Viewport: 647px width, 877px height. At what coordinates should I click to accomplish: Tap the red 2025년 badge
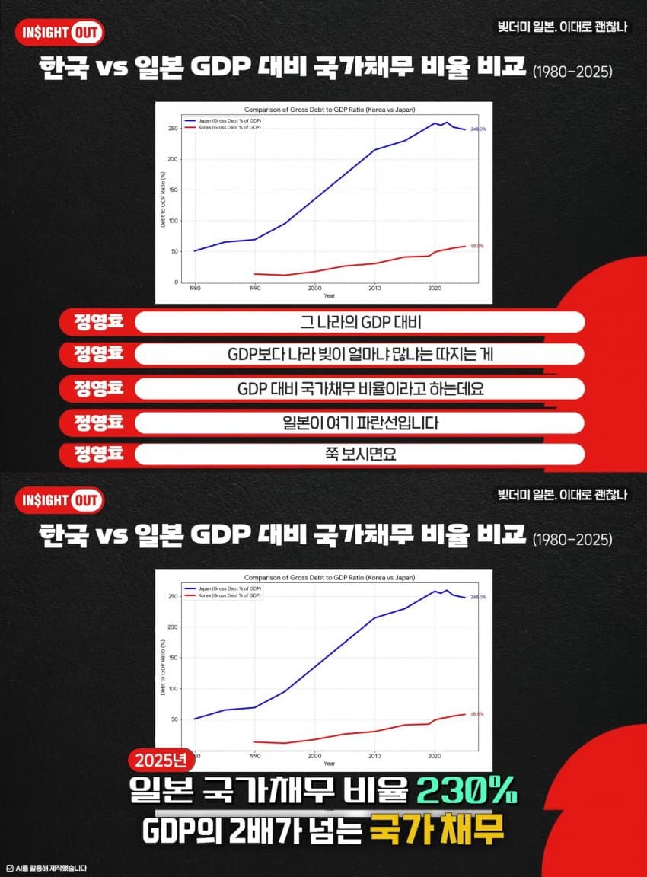161,760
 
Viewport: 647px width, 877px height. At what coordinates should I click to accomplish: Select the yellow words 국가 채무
437,831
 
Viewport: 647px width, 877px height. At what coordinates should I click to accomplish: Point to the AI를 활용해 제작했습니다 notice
46,868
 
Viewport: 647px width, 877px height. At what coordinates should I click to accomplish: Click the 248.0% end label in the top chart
478,129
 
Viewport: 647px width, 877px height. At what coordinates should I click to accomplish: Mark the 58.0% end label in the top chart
477,246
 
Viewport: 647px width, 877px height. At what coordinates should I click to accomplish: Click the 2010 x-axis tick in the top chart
374,289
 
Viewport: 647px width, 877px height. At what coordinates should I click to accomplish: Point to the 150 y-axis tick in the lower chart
172,658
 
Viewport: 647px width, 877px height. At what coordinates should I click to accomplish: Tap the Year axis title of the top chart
328,295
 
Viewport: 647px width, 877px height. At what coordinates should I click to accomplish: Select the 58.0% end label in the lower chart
477,714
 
